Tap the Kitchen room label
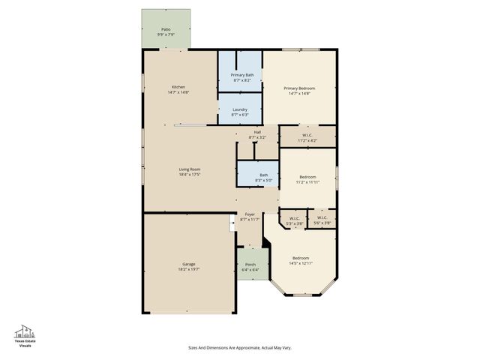tap(178, 87)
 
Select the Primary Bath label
tap(241, 75)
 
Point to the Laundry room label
tap(239, 109)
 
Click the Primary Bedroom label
tap(298, 87)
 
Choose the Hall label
tap(257, 132)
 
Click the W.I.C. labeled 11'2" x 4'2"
tap(307, 136)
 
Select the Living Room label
tap(189, 169)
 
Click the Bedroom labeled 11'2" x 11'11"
tap(307, 177)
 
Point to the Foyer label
tap(250, 214)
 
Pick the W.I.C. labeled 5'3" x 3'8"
tap(294, 219)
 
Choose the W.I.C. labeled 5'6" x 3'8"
tap(322, 219)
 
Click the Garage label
tap(188, 264)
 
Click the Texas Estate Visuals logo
tap(26, 335)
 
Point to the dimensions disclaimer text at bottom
tap(239, 347)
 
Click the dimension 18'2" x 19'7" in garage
tap(188, 268)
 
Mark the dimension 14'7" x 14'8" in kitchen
tap(178, 92)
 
